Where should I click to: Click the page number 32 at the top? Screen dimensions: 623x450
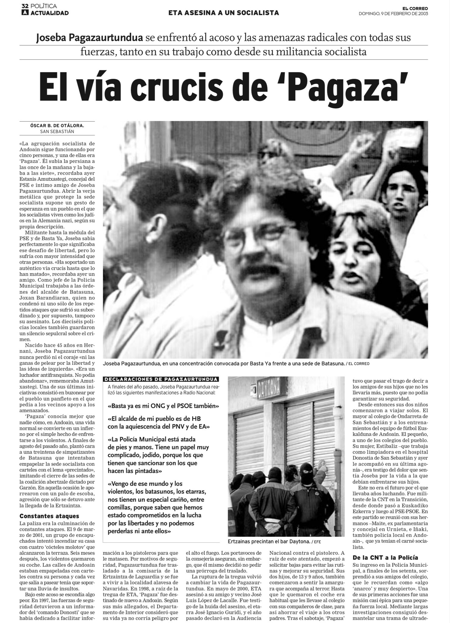25,6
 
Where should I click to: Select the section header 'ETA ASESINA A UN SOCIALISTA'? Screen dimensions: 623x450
223,13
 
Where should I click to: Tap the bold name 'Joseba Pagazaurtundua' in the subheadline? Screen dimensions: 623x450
89,38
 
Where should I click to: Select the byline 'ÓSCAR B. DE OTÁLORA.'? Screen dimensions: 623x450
57,125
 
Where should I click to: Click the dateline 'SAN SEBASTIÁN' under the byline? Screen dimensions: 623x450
57,131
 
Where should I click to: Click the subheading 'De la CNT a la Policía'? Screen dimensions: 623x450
385,557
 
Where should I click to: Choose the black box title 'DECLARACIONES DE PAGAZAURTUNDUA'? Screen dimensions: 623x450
161,379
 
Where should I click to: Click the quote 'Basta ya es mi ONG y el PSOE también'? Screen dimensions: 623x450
163,406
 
